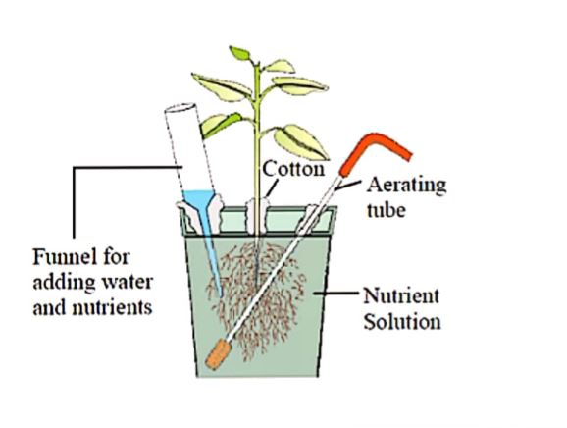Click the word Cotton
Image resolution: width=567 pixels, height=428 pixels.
click(x=293, y=169)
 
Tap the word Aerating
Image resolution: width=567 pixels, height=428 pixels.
click(x=407, y=186)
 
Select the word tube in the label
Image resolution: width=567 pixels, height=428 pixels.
click(x=386, y=210)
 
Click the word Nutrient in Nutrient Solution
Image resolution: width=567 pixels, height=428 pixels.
click(x=401, y=295)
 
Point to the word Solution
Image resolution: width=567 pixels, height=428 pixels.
click(x=402, y=321)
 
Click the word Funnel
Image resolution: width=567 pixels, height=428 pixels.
click(x=61, y=257)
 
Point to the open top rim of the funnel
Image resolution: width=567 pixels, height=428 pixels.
click(x=180, y=108)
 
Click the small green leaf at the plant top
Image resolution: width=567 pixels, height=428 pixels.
click(x=239, y=53)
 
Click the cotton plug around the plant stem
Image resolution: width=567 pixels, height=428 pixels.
click(x=256, y=214)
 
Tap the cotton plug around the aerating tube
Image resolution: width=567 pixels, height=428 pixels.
click(x=307, y=218)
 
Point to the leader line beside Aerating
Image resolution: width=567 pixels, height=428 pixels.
click(x=348, y=185)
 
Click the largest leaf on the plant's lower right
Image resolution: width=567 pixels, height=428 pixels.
click(x=301, y=141)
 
